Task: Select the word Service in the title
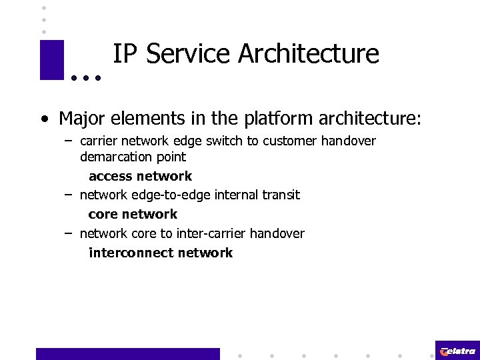coord(187,54)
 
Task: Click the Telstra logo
coord(457,350)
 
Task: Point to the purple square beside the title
coord(52,60)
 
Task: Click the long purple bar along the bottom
coord(127,354)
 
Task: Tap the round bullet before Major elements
coord(43,120)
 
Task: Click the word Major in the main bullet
coord(82,119)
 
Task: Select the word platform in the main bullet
coord(273,119)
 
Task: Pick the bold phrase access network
coord(140,176)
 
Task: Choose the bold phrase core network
coord(133,214)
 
